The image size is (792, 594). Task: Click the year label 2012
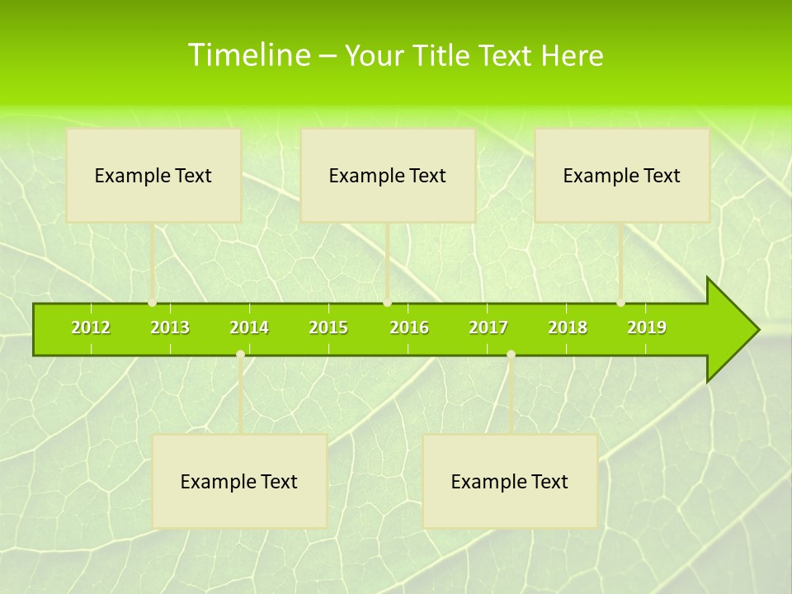(91, 328)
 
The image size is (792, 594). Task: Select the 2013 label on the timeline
(170, 328)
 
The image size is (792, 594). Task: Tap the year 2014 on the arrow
(249, 328)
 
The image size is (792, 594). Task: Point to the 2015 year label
(328, 328)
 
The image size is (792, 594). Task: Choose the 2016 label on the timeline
(409, 328)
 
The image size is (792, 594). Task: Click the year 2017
(488, 328)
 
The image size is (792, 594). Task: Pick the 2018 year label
(568, 328)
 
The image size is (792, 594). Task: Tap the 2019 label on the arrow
(647, 328)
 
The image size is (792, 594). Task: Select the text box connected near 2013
(153, 175)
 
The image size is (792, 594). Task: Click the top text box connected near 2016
(388, 175)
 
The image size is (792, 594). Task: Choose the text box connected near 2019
(622, 175)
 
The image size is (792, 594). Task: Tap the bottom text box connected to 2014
(239, 481)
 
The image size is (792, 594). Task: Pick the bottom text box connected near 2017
(510, 481)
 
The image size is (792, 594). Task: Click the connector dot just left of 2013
(153, 303)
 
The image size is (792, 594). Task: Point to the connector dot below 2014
(240, 355)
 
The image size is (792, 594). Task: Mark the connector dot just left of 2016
(388, 303)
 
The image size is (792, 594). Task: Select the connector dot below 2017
(511, 355)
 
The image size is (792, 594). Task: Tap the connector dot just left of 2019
(621, 303)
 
